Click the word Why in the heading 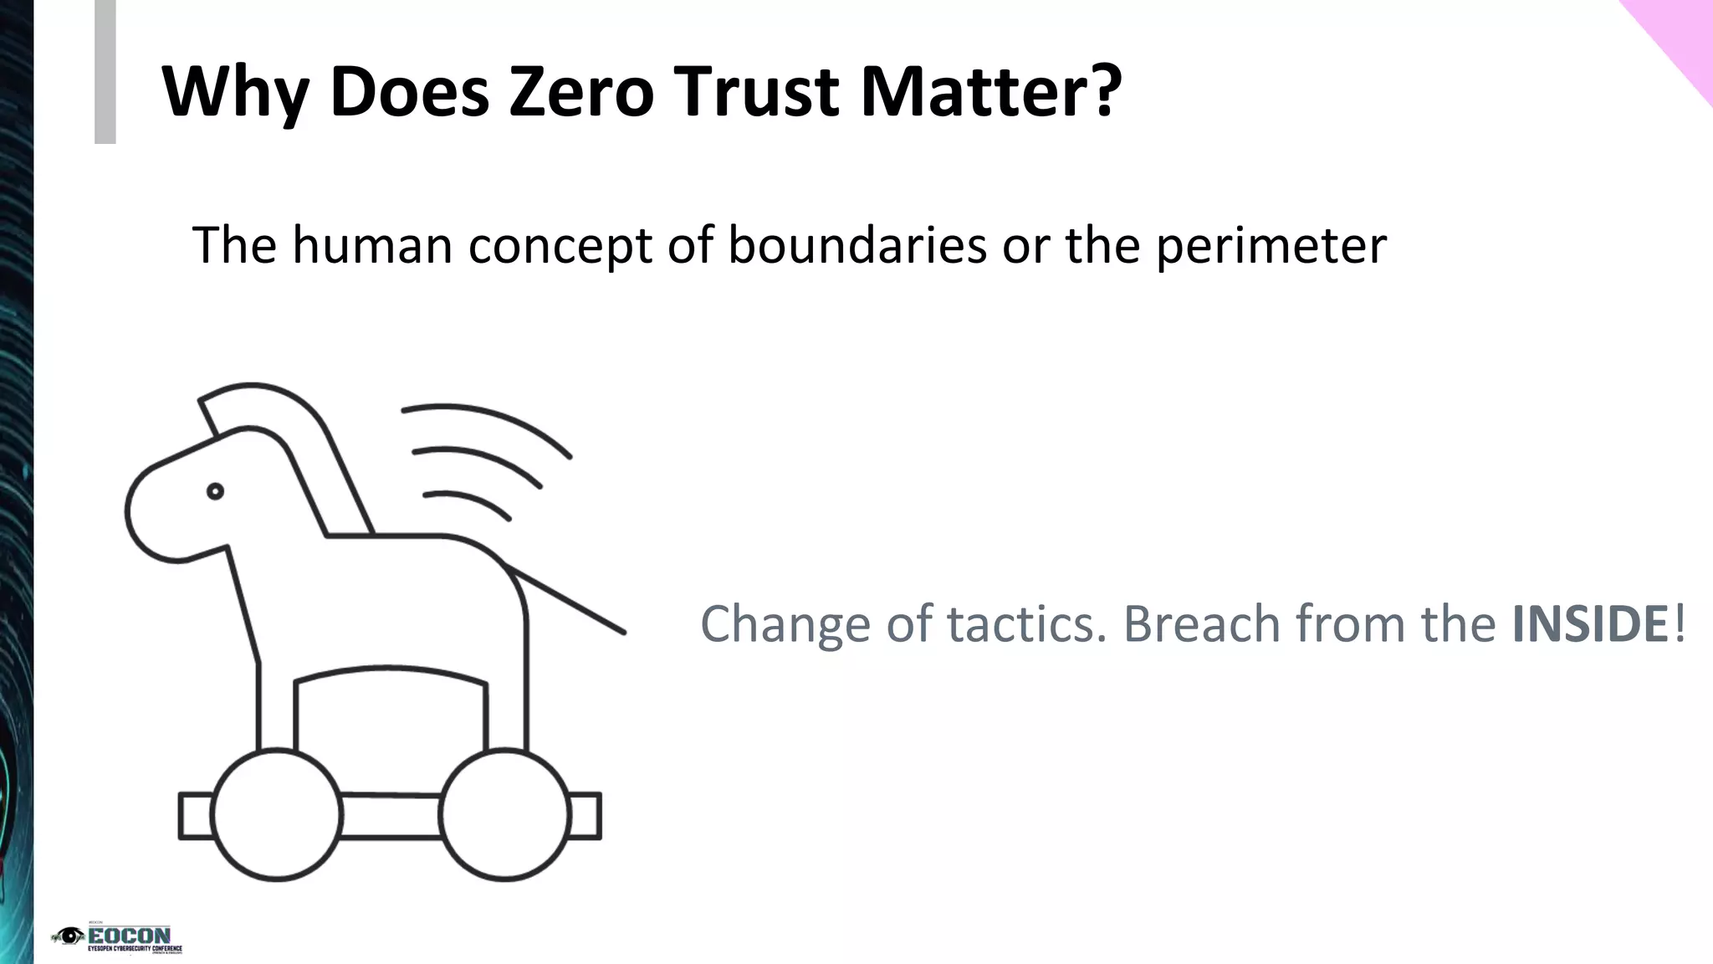pos(234,92)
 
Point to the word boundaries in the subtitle pos(857,245)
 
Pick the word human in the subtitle pos(372,245)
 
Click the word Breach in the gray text pos(1201,624)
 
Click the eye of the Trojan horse pos(215,491)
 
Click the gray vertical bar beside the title pos(105,71)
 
